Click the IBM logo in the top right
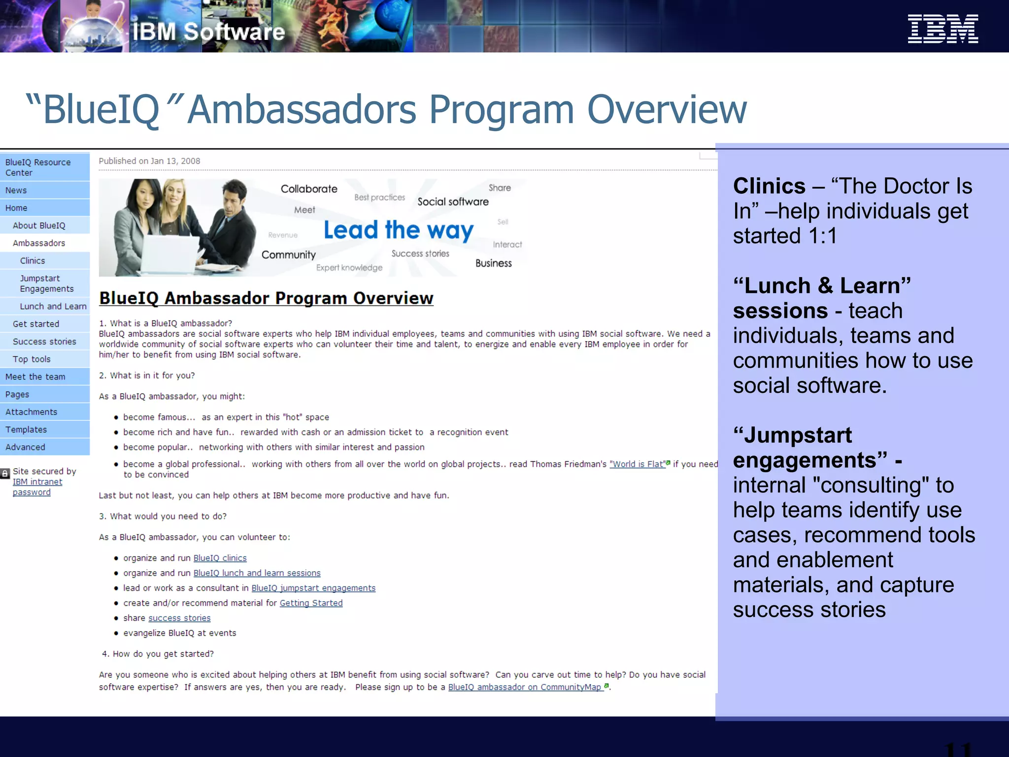click(942, 29)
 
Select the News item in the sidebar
click(16, 190)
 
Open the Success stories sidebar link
click(44, 342)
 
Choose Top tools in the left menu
click(32, 359)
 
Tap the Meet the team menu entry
click(35, 377)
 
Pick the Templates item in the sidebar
click(26, 430)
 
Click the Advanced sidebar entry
click(25, 447)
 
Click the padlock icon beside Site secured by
click(5, 474)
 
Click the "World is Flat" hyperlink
click(637, 464)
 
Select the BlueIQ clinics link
click(220, 558)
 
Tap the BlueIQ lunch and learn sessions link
click(257, 573)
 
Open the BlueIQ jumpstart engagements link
click(313, 588)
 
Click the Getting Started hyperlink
click(311, 603)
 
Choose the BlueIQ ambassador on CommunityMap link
click(525, 687)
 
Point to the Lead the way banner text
click(398, 230)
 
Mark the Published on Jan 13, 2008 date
click(149, 161)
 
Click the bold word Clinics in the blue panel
click(769, 186)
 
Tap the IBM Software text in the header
click(208, 32)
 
